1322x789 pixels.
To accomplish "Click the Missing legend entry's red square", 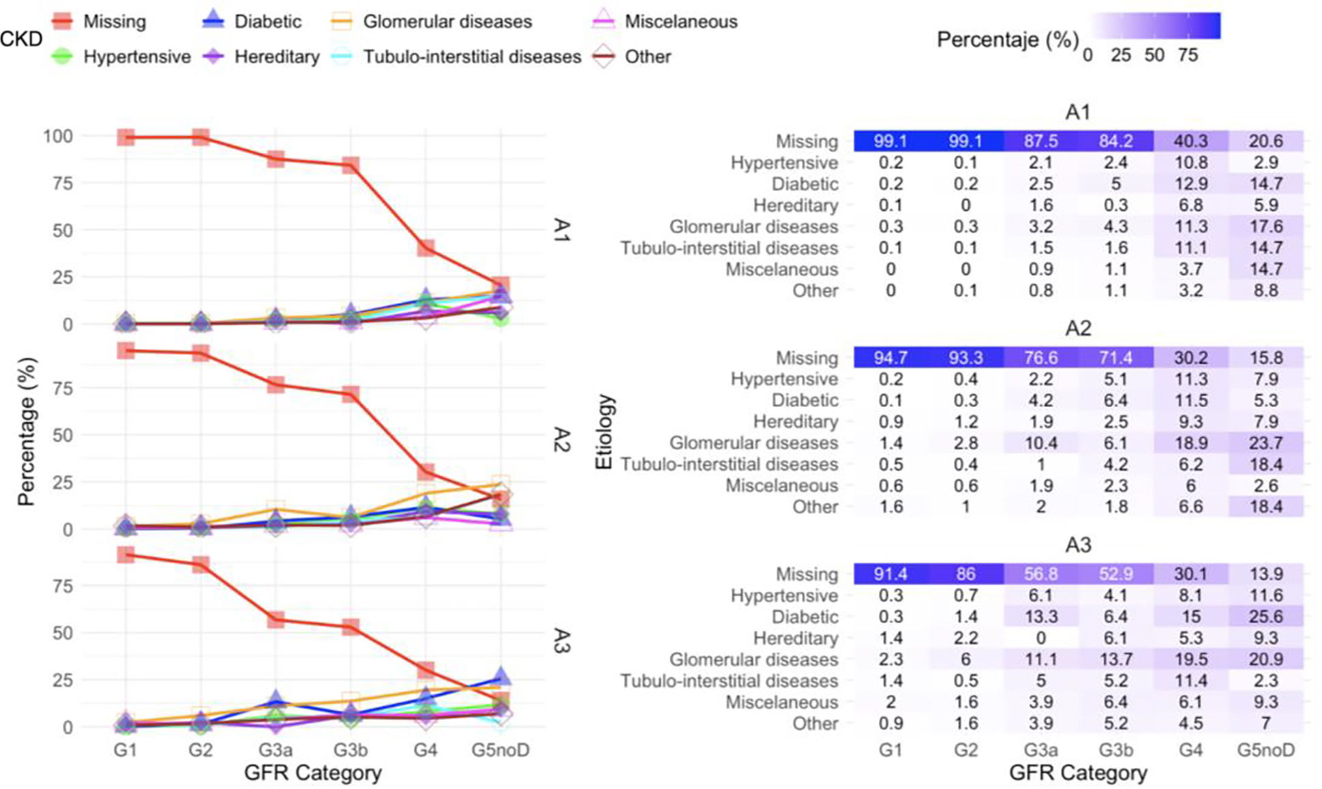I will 62,21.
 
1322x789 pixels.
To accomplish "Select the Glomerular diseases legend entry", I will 447,21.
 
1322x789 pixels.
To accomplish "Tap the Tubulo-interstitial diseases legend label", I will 472,57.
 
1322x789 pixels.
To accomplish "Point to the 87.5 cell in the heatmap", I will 1040,141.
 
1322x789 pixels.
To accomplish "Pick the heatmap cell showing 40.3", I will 1190,141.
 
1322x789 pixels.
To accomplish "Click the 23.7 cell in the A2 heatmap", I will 1265,443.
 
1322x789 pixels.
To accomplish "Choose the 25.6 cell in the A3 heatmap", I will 1265,616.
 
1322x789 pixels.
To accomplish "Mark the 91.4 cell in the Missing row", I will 890,574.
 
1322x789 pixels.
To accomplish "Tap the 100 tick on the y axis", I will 57,136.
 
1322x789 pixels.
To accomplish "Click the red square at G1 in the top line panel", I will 125,137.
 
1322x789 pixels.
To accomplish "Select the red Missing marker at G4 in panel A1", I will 426,248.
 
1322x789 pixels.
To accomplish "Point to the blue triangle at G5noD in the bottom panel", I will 501,677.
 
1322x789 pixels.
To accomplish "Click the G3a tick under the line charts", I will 275,750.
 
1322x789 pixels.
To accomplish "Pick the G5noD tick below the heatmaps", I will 1265,750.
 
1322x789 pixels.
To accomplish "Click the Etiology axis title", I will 604,432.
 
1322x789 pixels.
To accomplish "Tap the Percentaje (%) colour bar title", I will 1007,40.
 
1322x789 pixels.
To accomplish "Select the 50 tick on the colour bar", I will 1154,55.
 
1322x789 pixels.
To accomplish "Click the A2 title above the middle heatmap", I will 1078,329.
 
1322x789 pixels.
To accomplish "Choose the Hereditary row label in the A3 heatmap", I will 795,638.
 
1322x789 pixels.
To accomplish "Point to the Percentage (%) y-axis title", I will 26,432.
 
